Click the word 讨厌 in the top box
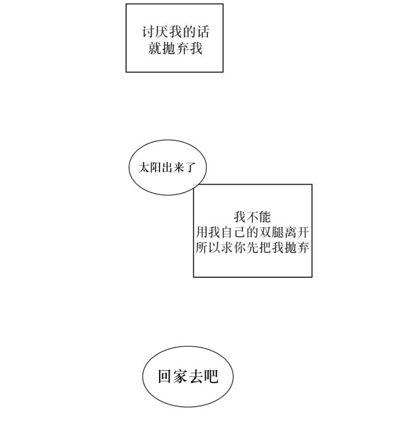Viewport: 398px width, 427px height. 155,31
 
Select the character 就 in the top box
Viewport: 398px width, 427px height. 155,48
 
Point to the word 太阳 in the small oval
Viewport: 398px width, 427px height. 150,167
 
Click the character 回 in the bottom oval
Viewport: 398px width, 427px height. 165,376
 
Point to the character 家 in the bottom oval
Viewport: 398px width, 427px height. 181,376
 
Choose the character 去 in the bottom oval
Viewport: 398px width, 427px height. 196,376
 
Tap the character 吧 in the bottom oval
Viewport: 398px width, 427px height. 211,376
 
